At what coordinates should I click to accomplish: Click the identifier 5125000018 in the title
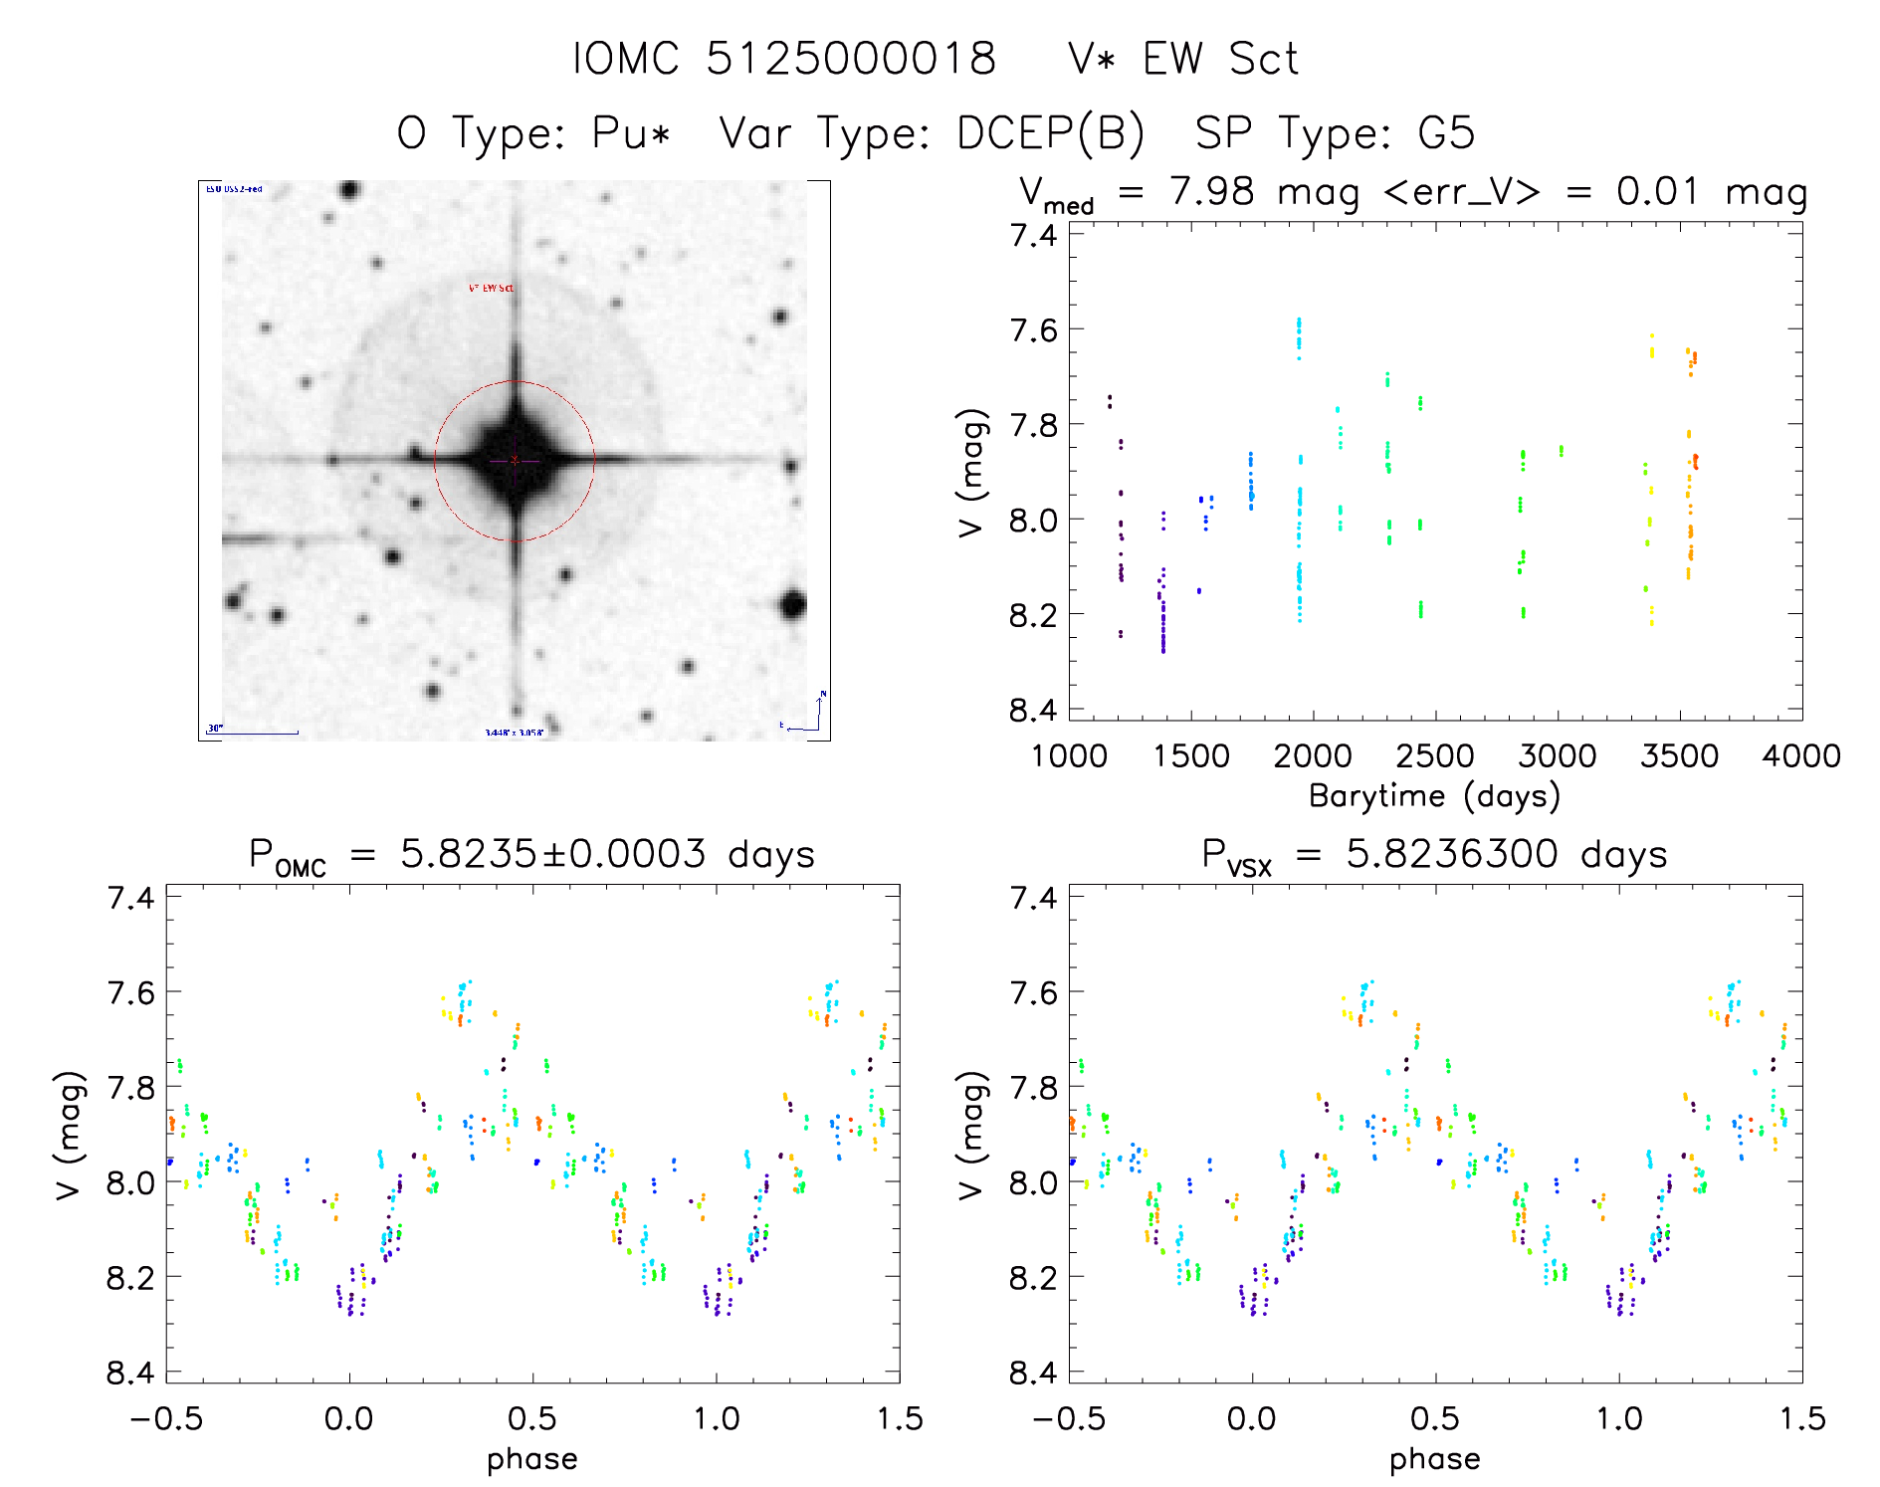point(851,59)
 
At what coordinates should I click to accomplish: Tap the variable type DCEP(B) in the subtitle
point(1050,133)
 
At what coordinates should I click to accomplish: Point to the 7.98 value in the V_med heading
point(1212,191)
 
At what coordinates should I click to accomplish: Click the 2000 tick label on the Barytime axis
point(1313,756)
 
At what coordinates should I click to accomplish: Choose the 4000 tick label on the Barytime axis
point(1800,756)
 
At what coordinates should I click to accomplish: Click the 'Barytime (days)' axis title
point(1434,796)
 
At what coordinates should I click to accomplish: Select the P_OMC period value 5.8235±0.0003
point(552,854)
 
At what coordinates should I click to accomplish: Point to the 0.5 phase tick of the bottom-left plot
point(532,1418)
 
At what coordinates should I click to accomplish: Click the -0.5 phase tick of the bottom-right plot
point(1069,1418)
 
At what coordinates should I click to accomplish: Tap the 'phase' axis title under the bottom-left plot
point(532,1459)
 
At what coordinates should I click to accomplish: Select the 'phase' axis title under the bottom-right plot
point(1434,1459)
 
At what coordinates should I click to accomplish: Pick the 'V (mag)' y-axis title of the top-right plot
point(972,472)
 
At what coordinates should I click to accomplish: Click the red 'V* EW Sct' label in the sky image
point(492,288)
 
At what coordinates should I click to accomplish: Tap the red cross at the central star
point(515,460)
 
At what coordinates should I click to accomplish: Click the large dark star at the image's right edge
point(792,603)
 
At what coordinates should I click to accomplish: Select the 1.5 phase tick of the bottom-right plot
point(1801,1418)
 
